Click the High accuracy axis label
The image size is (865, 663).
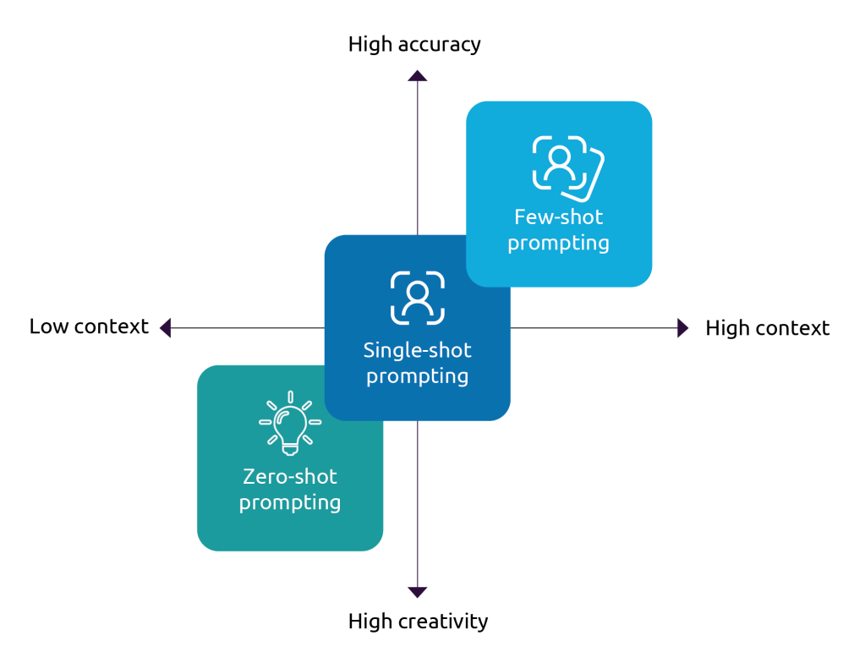(414, 45)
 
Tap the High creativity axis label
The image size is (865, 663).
(418, 622)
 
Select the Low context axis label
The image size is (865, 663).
(89, 326)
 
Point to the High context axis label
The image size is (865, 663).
(768, 328)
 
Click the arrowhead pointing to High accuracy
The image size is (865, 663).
(417, 75)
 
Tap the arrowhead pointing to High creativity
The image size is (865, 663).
(417, 592)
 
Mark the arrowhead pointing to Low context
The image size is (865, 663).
(165, 327)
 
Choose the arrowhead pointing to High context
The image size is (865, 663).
(683, 328)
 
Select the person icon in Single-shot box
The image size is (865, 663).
(417, 297)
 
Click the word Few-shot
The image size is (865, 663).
(558, 217)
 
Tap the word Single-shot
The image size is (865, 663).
(417, 350)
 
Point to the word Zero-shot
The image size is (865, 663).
(290, 476)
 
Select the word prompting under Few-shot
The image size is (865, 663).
(558, 244)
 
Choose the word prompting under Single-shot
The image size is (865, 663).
(417, 376)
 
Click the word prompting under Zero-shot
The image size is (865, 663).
(290, 503)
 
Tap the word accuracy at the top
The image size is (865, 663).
(439, 45)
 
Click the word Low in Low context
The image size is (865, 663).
(48, 326)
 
